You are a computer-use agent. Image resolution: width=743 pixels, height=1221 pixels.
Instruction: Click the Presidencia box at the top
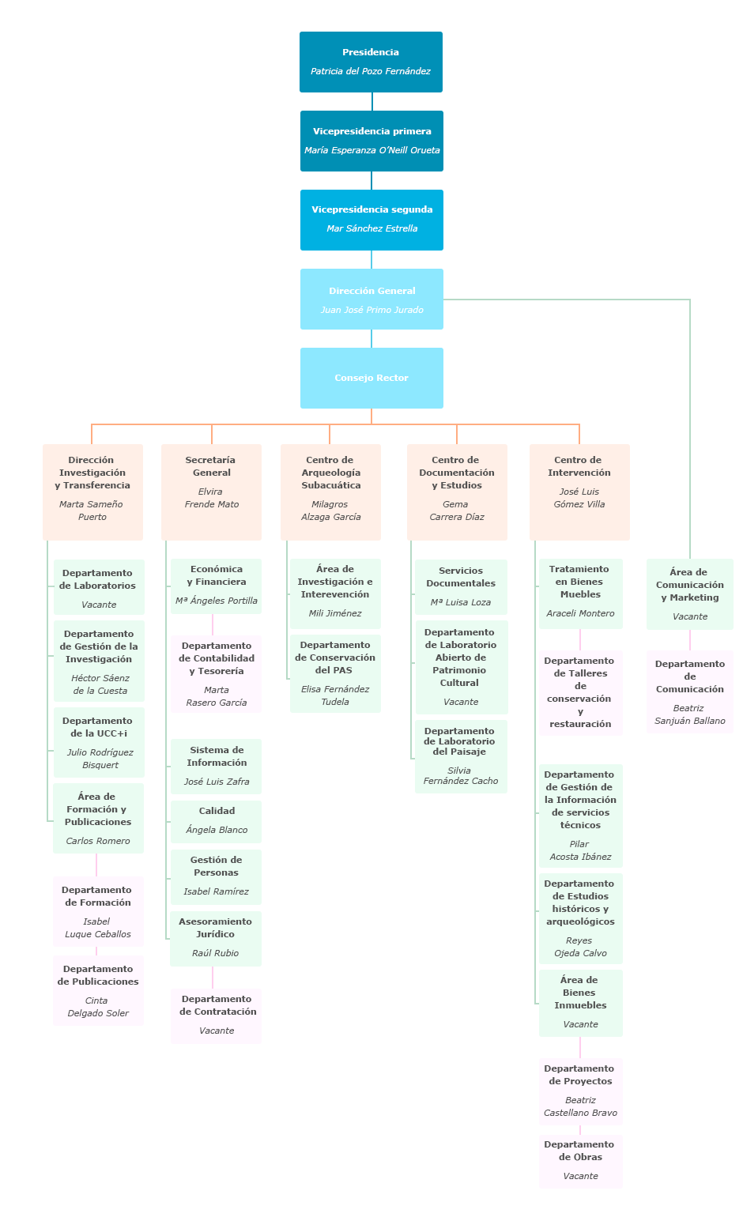(x=371, y=62)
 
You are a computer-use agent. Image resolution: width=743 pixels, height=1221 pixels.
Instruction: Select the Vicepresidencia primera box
(x=371, y=141)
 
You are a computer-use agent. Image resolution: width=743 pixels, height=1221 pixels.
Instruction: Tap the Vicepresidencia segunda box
(x=371, y=220)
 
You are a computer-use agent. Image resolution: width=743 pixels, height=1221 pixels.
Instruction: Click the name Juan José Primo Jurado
(x=371, y=310)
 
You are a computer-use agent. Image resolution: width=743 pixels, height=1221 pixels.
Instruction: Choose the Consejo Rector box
(x=371, y=378)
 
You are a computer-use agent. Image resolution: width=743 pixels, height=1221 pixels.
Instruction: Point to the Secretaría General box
(x=211, y=492)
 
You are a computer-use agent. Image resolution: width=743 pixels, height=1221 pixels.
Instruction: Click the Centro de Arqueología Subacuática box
(x=330, y=492)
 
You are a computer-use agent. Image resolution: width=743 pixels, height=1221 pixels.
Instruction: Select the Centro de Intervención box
(x=579, y=492)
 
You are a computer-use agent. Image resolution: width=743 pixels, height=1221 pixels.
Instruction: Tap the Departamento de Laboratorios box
(x=99, y=587)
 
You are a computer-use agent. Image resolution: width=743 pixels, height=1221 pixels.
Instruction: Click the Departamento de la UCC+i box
(x=99, y=742)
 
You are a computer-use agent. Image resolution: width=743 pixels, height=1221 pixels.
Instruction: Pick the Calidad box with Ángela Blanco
(x=216, y=821)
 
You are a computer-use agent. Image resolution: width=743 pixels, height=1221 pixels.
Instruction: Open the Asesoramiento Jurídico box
(x=215, y=938)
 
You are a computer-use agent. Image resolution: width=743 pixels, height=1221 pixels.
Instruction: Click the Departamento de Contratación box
(x=216, y=1016)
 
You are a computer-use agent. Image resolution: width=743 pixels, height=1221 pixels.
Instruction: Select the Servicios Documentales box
(x=461, y=586)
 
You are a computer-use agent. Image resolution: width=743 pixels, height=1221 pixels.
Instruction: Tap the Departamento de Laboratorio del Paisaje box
(x=461, y=756)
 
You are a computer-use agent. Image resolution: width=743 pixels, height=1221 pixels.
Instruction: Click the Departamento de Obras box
(x=580, y=1161)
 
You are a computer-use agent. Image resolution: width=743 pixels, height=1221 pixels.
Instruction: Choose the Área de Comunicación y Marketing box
(x=689, y=594)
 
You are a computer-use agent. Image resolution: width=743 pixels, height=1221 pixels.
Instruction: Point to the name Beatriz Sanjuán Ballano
(x=689, y=714)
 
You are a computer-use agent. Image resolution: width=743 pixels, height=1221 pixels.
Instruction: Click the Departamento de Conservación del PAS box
(x=335, y=673)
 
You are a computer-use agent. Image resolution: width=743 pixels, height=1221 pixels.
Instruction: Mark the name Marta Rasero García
(x=216, y=696)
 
